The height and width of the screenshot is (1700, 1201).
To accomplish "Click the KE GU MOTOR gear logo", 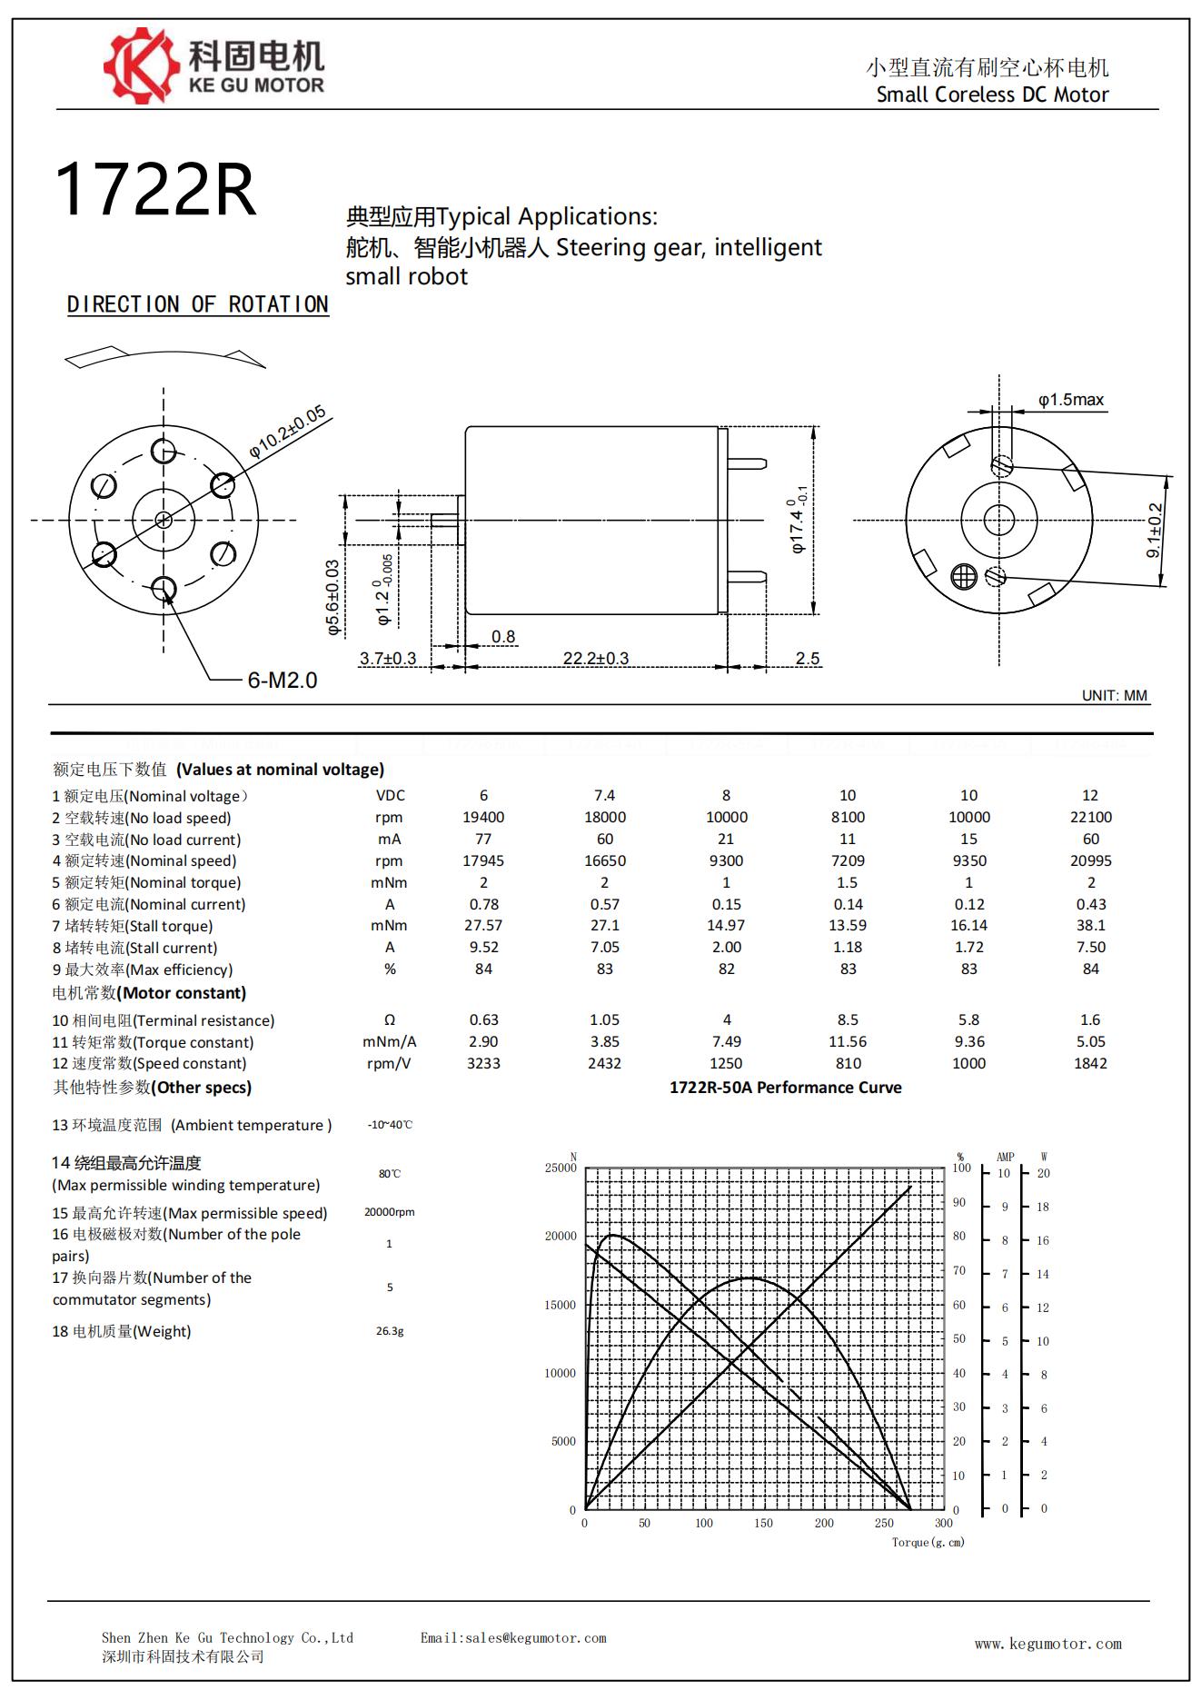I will [139, 65].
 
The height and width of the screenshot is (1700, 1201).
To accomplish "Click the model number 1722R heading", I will [155, 191].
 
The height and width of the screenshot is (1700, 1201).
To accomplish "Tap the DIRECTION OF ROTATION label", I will [197, 304].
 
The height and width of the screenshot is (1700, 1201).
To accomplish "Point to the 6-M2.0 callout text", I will [283, 680].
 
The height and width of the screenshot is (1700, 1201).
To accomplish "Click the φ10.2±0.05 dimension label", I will [287, 432].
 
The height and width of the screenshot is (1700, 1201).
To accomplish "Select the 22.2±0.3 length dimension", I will [596, 658].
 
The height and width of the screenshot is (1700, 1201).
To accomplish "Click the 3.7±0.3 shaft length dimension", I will [388, 658].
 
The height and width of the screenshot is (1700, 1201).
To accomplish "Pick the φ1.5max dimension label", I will [1071, 400].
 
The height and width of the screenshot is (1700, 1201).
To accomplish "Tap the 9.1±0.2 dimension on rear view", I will [1155, 531].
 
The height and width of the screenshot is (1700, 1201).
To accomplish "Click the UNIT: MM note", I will [1115, 695].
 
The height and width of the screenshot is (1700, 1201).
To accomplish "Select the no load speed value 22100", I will [1090, 817].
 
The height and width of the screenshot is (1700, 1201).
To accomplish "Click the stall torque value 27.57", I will [483, 925].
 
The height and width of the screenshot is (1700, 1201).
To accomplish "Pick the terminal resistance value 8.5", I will [848, 1019].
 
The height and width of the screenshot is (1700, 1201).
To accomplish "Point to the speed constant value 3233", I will [483, 1063].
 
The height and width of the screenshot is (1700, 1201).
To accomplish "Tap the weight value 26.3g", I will [390, 1331].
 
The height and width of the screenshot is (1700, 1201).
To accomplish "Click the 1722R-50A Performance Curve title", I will [785, 1088].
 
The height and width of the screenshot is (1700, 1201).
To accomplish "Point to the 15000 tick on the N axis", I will [560, 1305].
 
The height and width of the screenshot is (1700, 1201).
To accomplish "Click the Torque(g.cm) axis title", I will [928, 1542].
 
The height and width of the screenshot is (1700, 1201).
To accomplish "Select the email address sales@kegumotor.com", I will [513, 1638].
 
